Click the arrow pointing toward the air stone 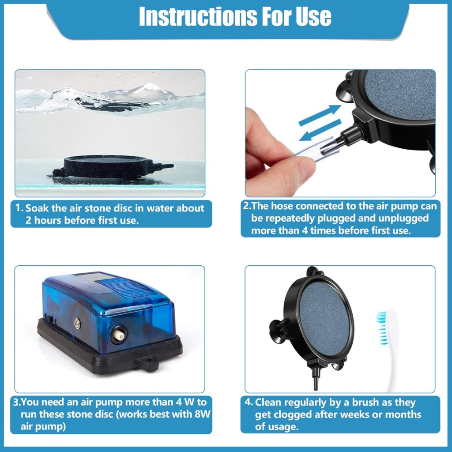tap(320, 115)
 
